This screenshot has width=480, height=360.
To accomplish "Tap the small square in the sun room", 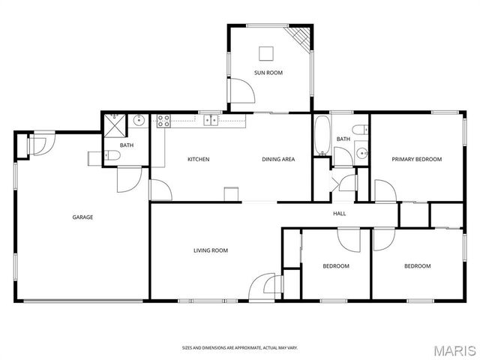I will (267, 52).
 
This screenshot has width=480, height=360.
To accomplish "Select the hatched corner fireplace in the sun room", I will (301, 35).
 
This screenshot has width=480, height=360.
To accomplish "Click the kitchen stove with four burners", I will (163, 119).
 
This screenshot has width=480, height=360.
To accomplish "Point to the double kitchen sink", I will (210, 119).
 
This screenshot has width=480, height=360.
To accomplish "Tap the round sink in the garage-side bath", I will (139, 120).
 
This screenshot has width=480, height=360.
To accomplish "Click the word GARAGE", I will (82, 217).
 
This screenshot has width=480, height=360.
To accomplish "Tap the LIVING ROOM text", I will (211, 250).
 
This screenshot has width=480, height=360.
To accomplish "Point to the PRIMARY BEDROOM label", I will (417, 159).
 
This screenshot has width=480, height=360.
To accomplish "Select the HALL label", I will (339, 214).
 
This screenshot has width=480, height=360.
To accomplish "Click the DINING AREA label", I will (277, 159).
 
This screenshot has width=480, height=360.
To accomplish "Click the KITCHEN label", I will (198, 159).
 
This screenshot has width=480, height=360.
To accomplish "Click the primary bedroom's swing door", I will (384, 190).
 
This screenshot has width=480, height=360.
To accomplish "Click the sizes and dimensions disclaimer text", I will (240, 347).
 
